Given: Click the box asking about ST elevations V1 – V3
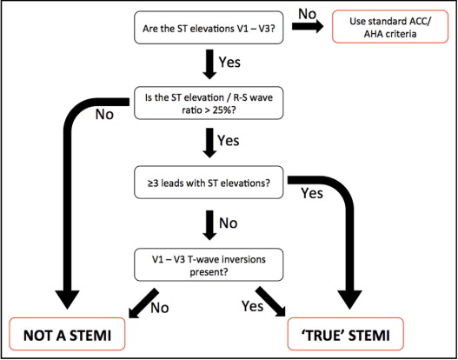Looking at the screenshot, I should (209, 30).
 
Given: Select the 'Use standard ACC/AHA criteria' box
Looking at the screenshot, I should (383, 30).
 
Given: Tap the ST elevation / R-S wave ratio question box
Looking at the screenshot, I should (209, 106).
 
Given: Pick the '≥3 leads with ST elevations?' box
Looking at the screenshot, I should (209, 183).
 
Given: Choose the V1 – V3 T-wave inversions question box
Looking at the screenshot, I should (209, 263).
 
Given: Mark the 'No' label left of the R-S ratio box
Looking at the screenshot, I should (105, 113).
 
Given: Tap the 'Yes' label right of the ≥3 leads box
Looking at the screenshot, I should (310, 193).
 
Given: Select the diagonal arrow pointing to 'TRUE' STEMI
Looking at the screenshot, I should (272, 302).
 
